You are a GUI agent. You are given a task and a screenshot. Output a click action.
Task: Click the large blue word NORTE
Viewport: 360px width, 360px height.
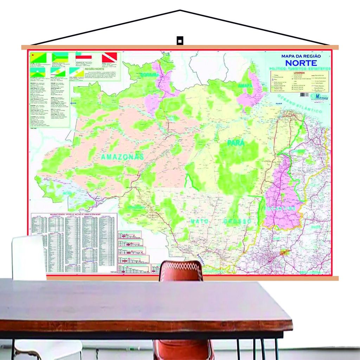coord(301,63)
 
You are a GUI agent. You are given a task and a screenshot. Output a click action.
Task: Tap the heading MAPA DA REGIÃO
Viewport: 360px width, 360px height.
coord(301,56)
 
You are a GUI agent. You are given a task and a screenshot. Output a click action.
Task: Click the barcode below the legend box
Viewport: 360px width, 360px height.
coord(304,95)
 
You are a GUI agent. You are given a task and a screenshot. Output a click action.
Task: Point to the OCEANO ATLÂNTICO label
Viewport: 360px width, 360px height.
coord(300,103)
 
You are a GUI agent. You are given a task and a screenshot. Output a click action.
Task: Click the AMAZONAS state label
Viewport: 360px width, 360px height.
coord(122,157)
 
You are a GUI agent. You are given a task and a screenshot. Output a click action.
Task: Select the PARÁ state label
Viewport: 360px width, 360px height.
coord(236,143)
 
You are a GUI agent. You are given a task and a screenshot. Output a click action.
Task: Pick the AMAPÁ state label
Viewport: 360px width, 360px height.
coord(245,86)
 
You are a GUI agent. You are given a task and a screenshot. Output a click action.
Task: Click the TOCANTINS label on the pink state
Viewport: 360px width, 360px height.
coord(280,209)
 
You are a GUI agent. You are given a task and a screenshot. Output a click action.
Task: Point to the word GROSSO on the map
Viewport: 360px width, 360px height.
coord(237,221)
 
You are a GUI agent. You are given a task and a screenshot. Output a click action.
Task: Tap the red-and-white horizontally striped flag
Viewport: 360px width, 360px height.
coord(84,56)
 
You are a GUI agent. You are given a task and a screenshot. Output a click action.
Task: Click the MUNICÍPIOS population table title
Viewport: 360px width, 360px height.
coord(73,214)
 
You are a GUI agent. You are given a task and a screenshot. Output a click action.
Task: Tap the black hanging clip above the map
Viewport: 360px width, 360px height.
coord(180,40)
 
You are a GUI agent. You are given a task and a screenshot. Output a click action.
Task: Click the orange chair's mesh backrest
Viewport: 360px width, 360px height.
coord(181,271)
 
